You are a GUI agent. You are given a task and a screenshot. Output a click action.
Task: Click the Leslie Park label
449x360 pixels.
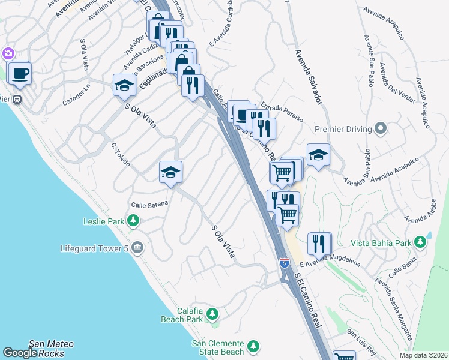tap(103, 221)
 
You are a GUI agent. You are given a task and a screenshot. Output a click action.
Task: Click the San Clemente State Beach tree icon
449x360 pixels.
tap(253, 346)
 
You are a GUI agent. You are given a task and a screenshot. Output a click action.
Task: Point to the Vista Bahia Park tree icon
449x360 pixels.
tap(421, 242)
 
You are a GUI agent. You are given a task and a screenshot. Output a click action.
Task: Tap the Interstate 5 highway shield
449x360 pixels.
tap(285, 262)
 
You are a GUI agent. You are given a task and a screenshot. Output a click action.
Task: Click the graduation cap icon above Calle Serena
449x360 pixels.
tap(171, 173)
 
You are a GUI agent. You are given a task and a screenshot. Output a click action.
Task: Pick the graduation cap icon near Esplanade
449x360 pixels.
tap(124, 85)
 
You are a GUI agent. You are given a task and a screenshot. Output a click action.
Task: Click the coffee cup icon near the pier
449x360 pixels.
tap(19, 73)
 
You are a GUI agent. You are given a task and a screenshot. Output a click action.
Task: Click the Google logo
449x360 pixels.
tap(19, 353)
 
